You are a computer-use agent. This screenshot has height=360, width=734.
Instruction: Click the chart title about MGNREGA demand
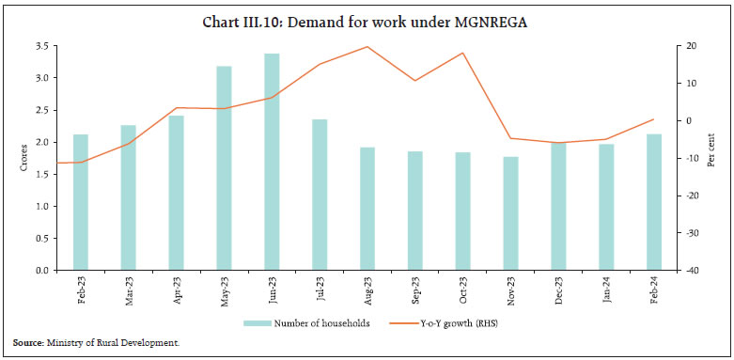[367, 22]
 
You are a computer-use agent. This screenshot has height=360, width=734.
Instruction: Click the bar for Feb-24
[654, 202]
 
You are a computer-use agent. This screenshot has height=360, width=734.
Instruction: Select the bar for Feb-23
[81, 202]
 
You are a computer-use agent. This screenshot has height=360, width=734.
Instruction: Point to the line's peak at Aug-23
[367, 47]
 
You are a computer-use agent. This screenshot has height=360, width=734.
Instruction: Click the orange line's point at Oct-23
[463, 53]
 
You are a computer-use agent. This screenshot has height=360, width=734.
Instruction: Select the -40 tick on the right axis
[690, 271]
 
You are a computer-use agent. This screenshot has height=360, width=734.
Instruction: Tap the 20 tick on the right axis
[690, 46]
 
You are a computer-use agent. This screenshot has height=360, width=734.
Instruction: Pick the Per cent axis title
[715, 158]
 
